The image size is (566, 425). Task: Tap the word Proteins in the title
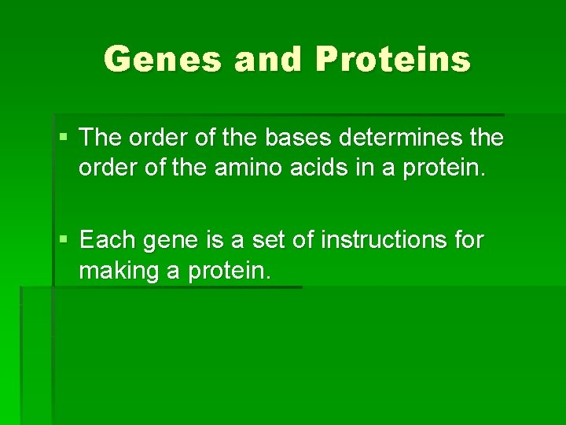point(393,59)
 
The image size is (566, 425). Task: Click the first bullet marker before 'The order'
point(64,139)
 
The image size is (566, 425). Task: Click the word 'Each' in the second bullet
point(108,239)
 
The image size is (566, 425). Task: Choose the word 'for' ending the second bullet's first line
point(469,239)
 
